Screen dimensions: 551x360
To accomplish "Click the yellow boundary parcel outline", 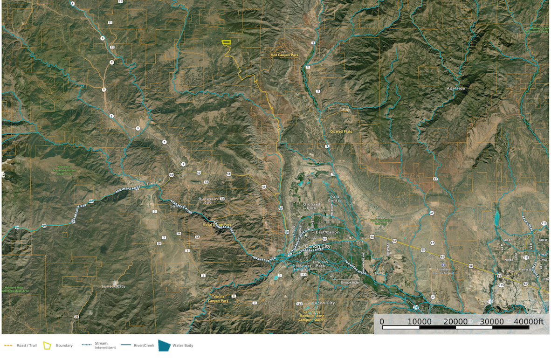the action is (x=227, y=42).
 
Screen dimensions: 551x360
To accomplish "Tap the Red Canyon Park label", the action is (x=284, y=55).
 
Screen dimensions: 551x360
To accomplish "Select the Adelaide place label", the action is (x=456, y=88).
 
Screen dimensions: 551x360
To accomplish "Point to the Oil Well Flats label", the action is (x=341, y=132).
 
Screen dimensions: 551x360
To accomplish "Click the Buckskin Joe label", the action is (x=208, y=201).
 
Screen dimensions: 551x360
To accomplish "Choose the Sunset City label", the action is (x=114, y=286).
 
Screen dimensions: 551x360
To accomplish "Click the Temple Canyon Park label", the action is (x=219, y=299).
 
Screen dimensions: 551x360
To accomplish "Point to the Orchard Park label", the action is (x=311, y=206).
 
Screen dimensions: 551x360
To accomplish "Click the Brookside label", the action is (x=350, y=283).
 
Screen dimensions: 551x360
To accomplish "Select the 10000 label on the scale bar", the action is (x=420, y=322).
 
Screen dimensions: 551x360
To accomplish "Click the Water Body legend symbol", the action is (x=165, y=346).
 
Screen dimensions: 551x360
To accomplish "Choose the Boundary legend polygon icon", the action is (x=47, y=346).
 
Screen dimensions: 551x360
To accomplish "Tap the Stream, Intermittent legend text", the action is (x=105, y=346).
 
